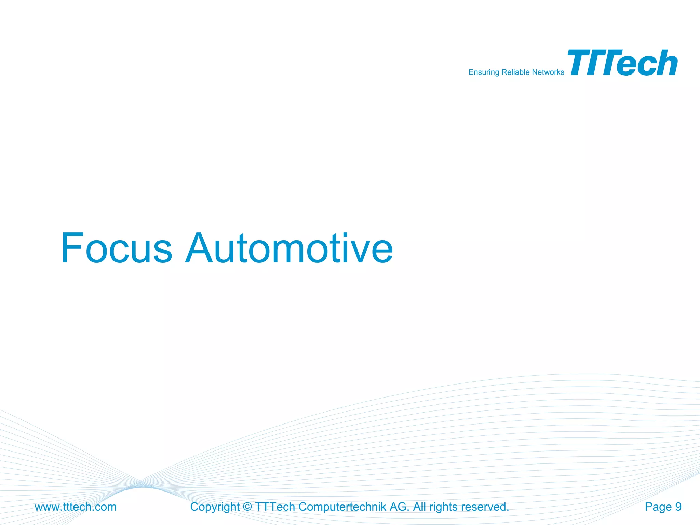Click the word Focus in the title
[116, 248]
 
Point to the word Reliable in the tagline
[515, 72]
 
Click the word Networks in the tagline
[548, 72]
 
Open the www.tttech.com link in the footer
[76, 507]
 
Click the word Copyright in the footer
[215, 507]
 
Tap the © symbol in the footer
[247, 507]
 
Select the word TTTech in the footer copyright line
[275, 507]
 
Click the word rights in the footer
[443, 507]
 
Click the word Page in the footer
[658, 507]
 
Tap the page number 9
[678, 507]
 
